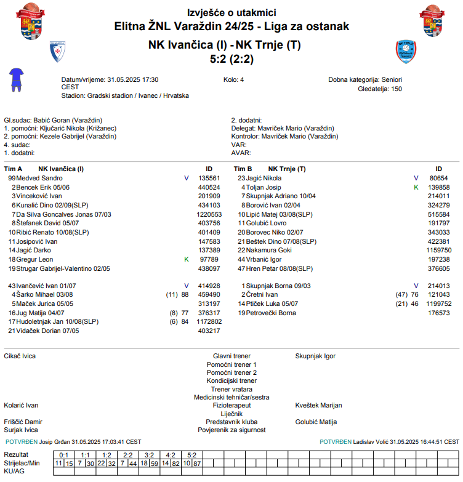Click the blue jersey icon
click(x=15, y=79)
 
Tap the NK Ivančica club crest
click(x=57, y=52)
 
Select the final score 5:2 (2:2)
click(x=231, y=59)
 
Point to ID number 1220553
click(x=209, y=214)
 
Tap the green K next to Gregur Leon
click(x=187, y=260)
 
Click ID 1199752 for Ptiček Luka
click(x=438, y=304)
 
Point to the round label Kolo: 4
click(x=233, y=80)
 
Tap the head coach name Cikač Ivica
click(x=20, y=356)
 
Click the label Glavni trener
click(x=231, y=356)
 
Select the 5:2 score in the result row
click(x=191, y=455)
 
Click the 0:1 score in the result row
click(x=62, y=455)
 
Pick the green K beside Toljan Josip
click(x=416, y=187)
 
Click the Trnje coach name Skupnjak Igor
click(x=315, y=356)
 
